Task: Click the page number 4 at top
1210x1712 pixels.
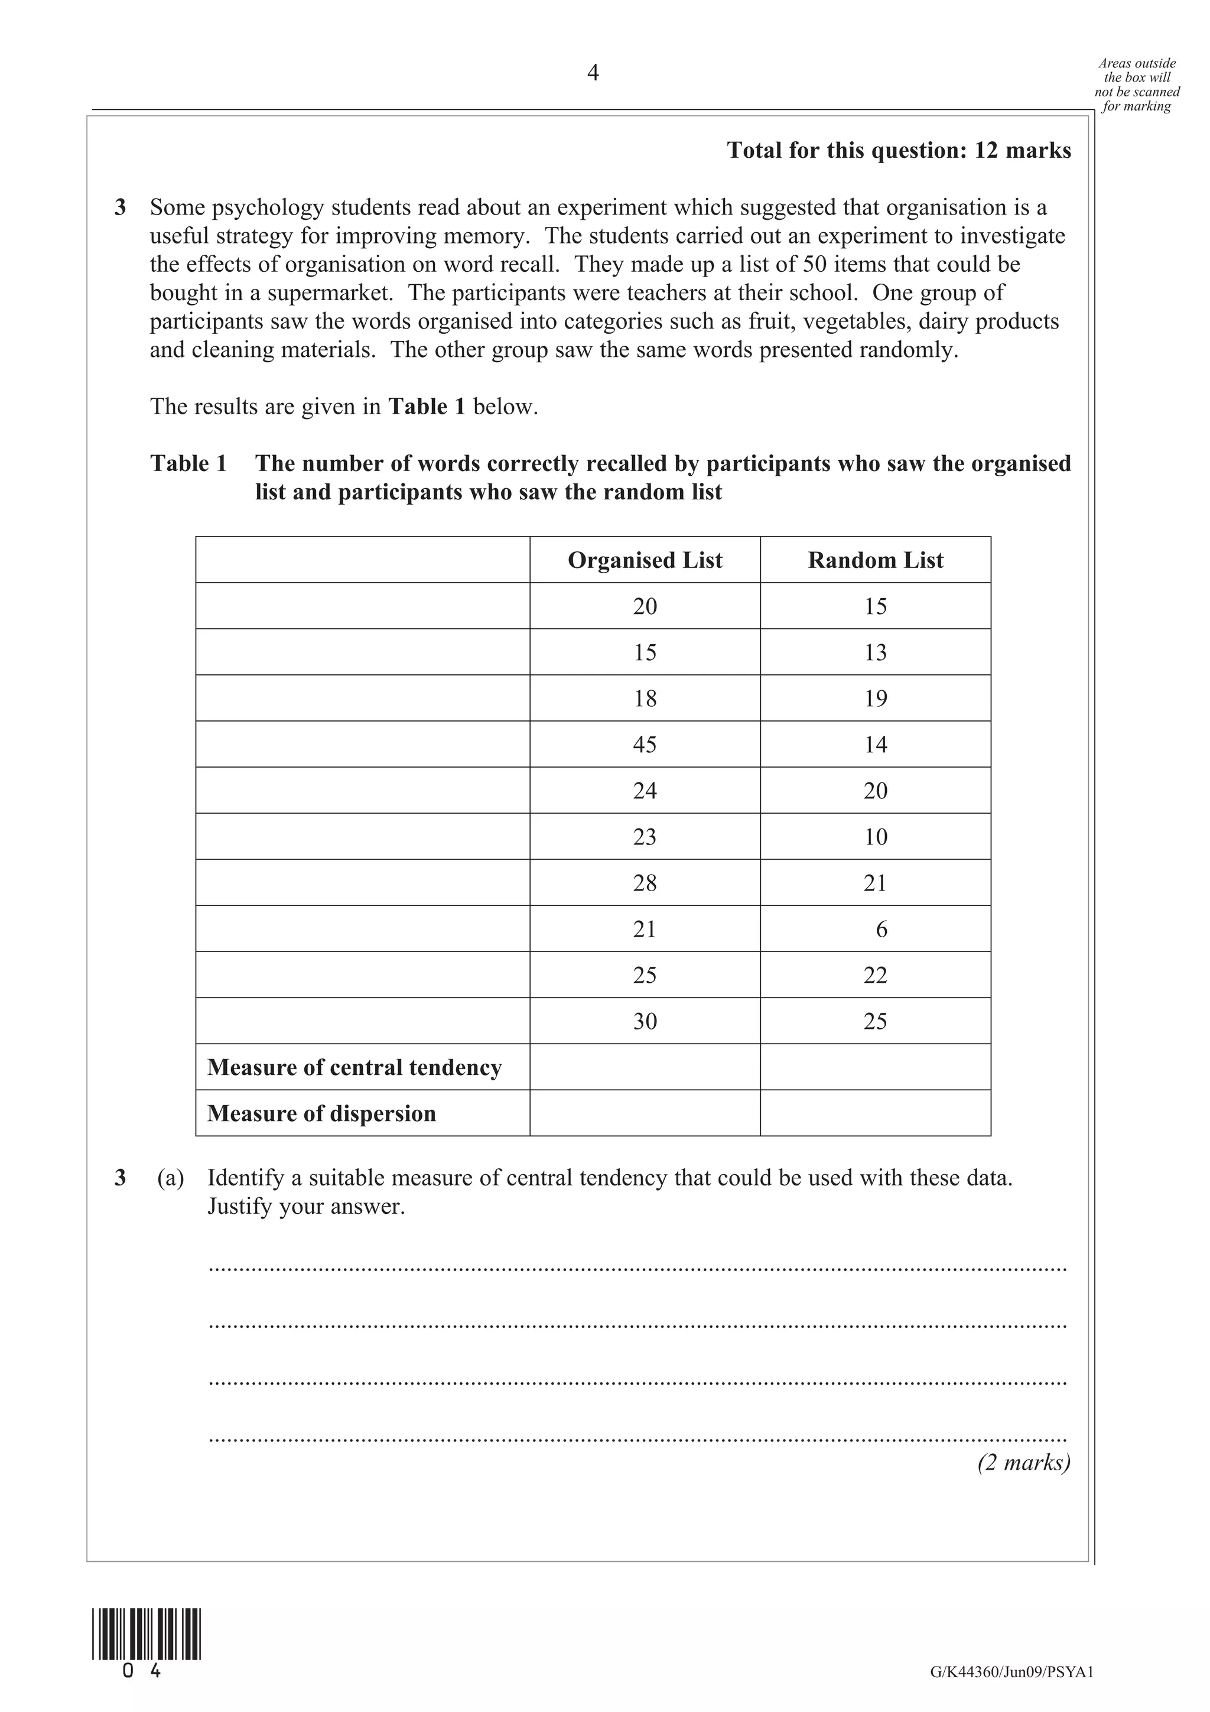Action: coord(593,73)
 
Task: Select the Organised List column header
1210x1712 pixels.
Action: coord(645,560)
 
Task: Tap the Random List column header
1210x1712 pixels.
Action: coord(875,560)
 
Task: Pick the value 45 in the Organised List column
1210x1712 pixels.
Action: coord(645,744)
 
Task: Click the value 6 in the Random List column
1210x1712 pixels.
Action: coord(882,929)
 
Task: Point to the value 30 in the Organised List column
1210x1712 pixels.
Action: coord(645,1021)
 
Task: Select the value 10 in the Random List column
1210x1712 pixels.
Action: coord(875,837)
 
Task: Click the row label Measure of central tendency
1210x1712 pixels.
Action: coord(355,1067)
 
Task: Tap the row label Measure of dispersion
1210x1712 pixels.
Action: coord(321,1113)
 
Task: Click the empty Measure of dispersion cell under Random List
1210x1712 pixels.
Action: coord(875,1113)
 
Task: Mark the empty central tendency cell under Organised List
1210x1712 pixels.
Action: coord(645,1067)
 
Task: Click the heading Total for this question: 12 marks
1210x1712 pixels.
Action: coord(899,150)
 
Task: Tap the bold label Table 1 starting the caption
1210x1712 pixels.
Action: coord(188,463)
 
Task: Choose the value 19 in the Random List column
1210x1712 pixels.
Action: coord(875,699)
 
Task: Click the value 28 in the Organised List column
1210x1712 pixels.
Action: coord(645,883)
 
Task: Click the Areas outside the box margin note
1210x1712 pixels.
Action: coord(1136,85)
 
